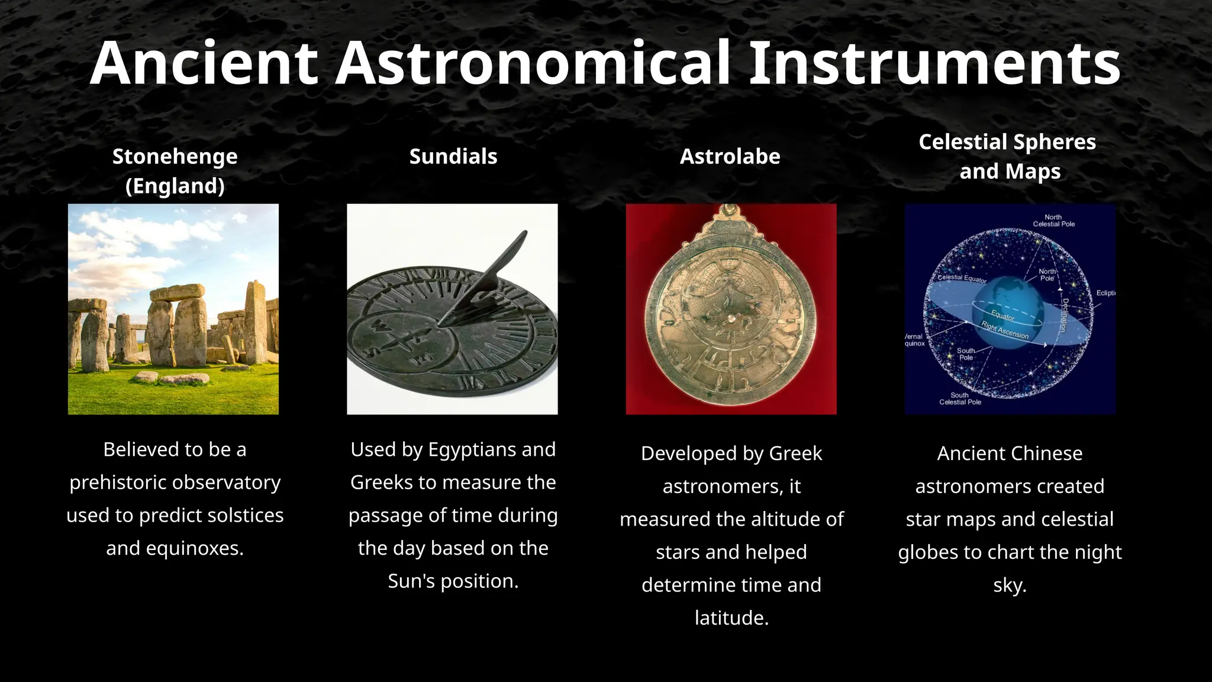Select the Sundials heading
tap(453, 156)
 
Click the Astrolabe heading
tap(730, 156)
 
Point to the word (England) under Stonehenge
tap(175, 186)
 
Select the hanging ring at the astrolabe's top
tap(731, 210)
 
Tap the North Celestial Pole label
tap(1053, 221)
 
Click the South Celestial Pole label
tap(960, 398)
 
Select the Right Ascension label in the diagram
tap(1005, 330)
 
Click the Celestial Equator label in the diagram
tap(962, 278)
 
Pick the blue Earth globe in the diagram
tap(1006, 308)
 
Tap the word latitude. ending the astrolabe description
tap(731, 618)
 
